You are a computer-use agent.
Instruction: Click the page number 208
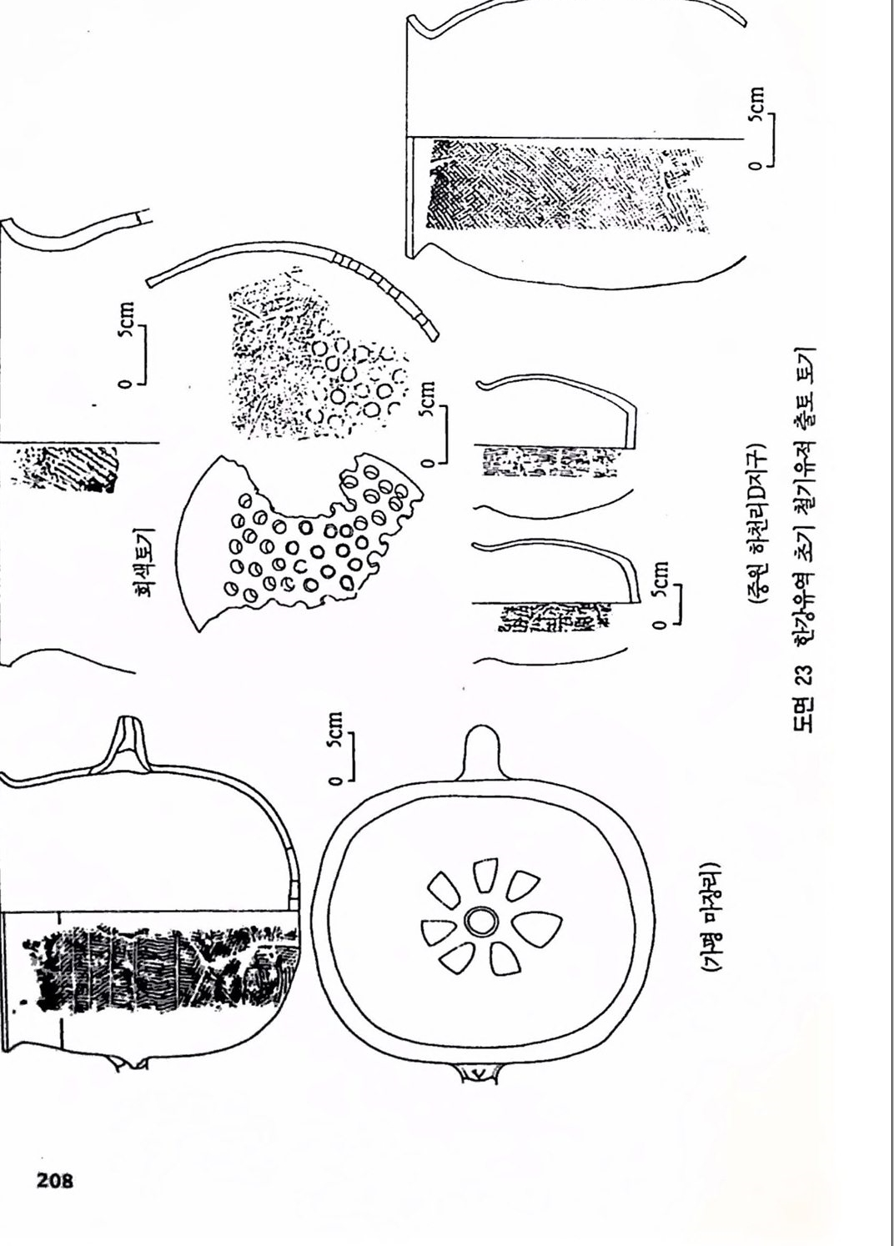coord(54,1177)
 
